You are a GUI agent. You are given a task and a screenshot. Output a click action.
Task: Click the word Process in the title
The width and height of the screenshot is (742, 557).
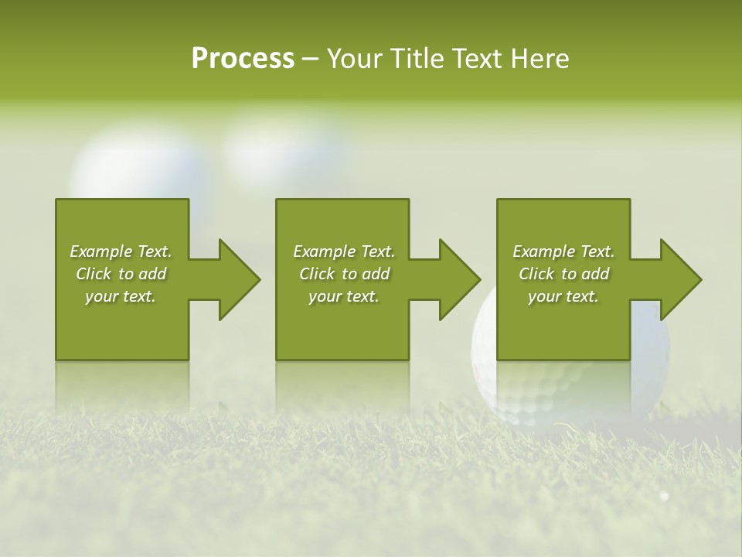coord(243,59)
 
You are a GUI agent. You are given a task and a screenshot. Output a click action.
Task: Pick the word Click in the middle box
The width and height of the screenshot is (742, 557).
coord(317,274)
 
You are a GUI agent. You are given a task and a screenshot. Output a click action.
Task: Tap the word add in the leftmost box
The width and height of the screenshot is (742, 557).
coord(152,274)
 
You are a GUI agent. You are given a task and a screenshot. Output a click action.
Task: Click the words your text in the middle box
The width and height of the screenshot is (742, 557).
coord(343,296)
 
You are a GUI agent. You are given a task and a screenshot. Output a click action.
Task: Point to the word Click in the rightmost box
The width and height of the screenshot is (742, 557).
coord(536,274)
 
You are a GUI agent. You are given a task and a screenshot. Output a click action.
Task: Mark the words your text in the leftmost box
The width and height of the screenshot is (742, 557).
coord(120,296)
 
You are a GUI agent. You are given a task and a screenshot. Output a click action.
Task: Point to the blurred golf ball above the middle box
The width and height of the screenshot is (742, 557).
coord(286,147)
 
